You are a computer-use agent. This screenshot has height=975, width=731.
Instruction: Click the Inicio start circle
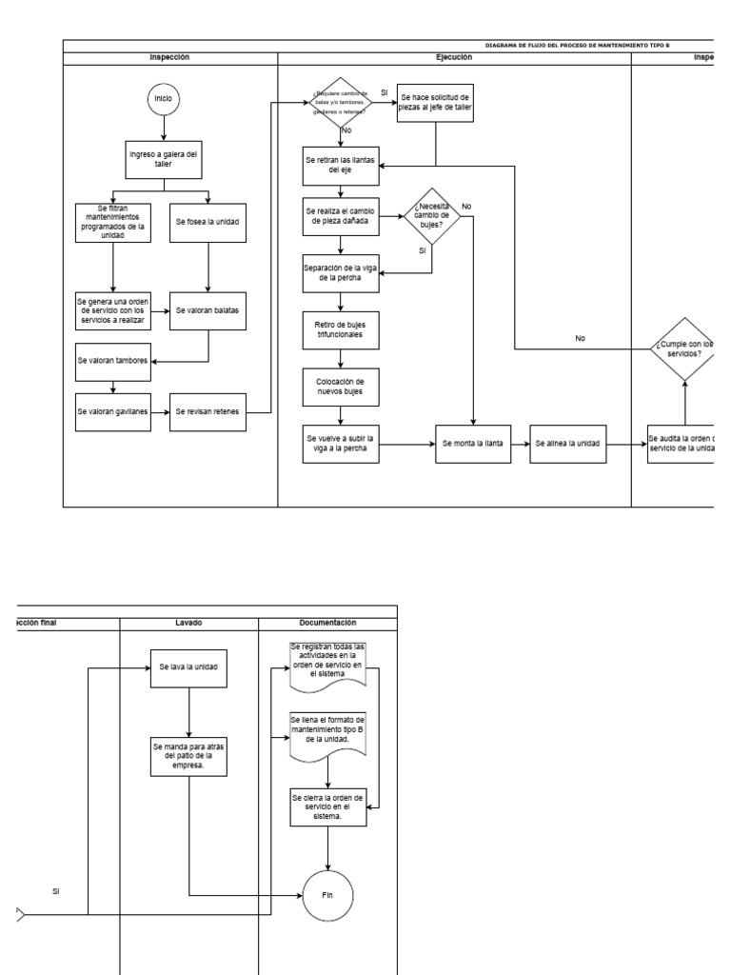pyautogui.click(x=163, y=98)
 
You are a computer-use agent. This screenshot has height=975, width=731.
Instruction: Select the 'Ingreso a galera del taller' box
pyautogui.click(x=163, y=157)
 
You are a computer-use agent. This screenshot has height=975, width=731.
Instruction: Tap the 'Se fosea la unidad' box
pyautogui.click(x=207, y=221)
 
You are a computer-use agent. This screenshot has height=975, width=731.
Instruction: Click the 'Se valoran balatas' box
pyautogui.click(x=207, y=310)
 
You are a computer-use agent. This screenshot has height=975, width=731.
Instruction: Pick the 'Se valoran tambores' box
pyautogui.click(x=113, y=361)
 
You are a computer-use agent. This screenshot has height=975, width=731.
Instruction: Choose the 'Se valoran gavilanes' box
pyautogui.click(x=113, y=411)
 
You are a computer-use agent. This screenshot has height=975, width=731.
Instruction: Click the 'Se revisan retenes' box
pyautogui.click(x=207, y=411)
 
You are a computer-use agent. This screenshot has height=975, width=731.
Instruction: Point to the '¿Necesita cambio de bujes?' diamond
pyautogui.click(x=432, y=216)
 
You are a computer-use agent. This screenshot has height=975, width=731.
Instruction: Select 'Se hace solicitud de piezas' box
pyautogui.click(x=435, y=103)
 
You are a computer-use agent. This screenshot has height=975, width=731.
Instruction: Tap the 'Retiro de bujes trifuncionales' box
pyautogui.click(x=340, y=328)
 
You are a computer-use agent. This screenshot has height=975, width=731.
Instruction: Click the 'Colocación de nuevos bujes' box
pyautogui.click(x=340, y=387)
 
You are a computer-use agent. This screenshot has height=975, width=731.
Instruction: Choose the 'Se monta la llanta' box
pyautogui.click(x=473, y=444)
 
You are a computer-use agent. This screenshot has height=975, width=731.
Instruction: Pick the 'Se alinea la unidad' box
pyautogui.click(x=567, y=444)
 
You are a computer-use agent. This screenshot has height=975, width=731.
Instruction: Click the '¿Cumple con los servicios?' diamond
pyautogui.click(x=684, y=348)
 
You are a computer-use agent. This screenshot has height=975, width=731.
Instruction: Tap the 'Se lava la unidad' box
pyautogui.click(x=188, y=667)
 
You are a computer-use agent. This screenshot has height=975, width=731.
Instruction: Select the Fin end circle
pyautogui.click(x=328, y=896)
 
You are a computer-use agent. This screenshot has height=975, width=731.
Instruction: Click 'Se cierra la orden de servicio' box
pyautogui.click(x=328, y=806)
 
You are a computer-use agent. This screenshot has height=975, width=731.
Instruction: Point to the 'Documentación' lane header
pyautogui.click(x=327, y=623)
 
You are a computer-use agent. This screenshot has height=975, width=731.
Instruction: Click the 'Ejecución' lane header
pyautogui.click(x=454, y=58)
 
